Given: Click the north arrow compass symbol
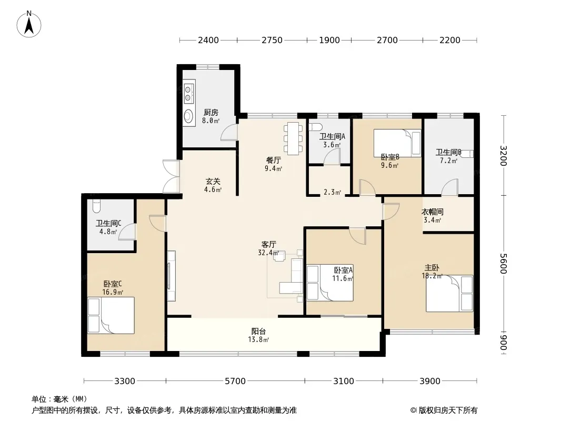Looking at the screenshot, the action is coord(29,24).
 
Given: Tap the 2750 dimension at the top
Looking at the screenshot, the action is coord(272,40).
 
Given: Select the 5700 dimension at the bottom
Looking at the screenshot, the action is coord(235,381).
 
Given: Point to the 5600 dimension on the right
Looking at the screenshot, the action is coord(504,263).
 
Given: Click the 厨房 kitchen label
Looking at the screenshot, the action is coord(211,112).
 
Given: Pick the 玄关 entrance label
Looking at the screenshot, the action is coord(213,182).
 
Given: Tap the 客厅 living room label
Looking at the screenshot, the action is coord(269,244).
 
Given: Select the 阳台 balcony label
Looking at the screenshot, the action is coord(258,331).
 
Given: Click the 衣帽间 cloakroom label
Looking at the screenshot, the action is coord(433,212).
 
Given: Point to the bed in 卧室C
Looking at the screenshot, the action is coord(111,315).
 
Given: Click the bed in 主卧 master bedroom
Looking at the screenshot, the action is coord(449,293).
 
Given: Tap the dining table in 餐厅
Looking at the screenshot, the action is coord(293,139).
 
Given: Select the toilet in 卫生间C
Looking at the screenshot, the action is coord(96,206).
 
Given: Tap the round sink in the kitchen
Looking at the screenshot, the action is coord(188,116).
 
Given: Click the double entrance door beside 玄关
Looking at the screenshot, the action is coord(172,176).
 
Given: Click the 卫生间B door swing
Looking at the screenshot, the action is coord(449,187).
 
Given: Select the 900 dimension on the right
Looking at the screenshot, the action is coord(504,343).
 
